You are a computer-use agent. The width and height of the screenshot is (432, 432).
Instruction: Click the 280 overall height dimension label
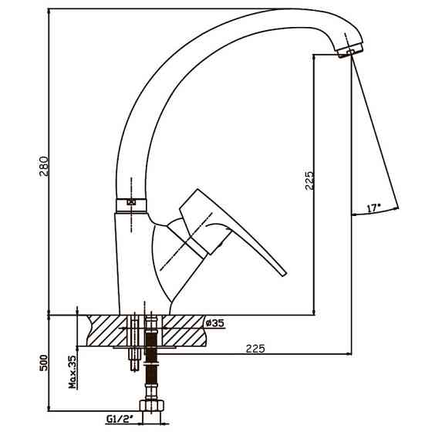[44, 166]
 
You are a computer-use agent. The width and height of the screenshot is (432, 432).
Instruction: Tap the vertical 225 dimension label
[309, 181]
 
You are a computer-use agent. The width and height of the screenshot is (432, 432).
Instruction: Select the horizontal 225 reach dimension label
[255, 349]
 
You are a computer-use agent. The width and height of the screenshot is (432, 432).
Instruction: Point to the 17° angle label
[373, 208]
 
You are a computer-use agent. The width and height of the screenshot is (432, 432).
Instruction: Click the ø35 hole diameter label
[215, 322]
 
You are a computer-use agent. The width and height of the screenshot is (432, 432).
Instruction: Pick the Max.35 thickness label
[73, 372]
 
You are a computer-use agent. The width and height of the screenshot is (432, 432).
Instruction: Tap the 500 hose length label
[44, 363]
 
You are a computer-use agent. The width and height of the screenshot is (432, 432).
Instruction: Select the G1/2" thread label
[120, 419]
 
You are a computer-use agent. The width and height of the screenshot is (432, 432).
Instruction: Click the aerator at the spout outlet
[349, 51]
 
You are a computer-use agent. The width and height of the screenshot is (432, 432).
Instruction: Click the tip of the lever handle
[284, 274]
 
